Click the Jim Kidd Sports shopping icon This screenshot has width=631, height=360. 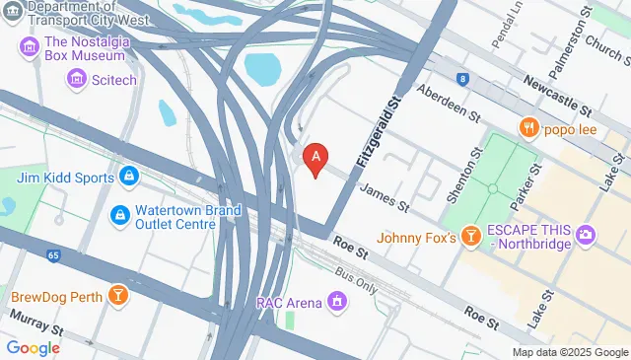click(x=127, y=177)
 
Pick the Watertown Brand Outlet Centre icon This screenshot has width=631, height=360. click(x=118, y=214)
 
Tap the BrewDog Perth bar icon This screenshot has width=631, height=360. click(x=118, y=296)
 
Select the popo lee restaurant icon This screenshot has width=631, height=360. click(x=529, y=127)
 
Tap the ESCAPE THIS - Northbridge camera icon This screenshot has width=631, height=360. click(x=588, y=235)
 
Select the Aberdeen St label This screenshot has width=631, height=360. click(x=448, y=104)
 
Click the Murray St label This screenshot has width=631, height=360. click(x=35, y=322)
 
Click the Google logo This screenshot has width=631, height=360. click(x=34, y=347)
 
